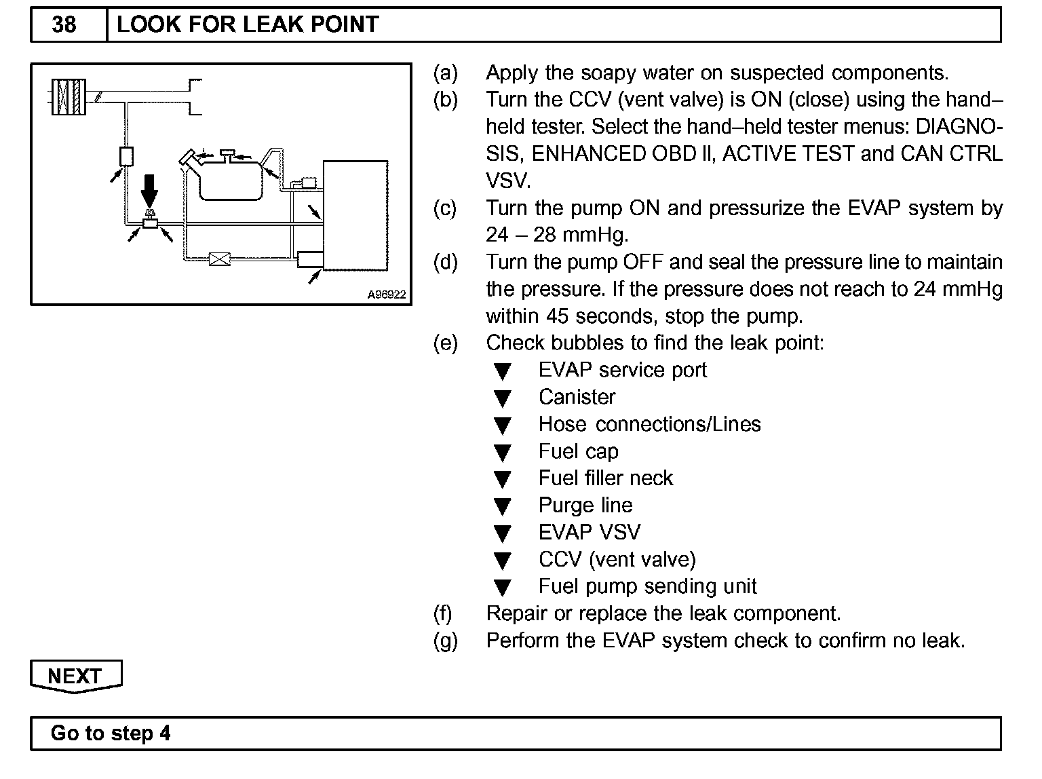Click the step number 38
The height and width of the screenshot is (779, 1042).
coord(64,25)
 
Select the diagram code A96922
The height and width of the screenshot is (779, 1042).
coord(386,294)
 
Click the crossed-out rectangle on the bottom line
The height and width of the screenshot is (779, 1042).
coord(219,259)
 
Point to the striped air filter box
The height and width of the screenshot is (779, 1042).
coord(69,97)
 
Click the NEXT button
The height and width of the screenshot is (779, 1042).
coord(75,676)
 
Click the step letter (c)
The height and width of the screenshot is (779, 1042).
coord(445,208)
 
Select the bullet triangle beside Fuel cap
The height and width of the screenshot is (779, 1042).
coord(502,453)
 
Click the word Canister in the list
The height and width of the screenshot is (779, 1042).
coord(577,397)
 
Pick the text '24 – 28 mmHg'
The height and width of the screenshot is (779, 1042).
coord(557,235)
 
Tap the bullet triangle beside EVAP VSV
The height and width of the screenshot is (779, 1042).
coord(502,534)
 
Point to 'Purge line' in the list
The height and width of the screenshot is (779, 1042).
coord(585,506)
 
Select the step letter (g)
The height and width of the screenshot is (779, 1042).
coord(445,641)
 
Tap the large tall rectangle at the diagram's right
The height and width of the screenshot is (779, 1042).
coord(355,216)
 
